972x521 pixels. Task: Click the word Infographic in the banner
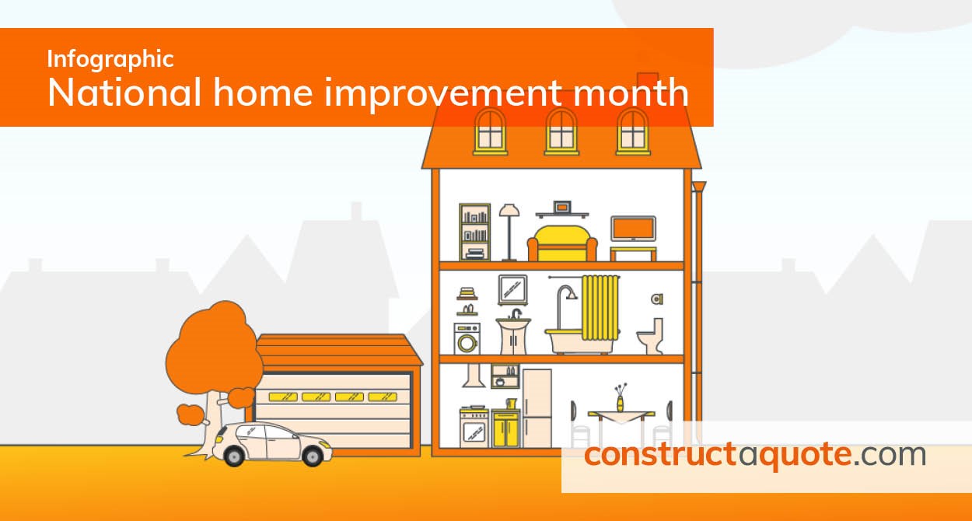pos(110,59)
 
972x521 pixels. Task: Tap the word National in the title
pos(124,93)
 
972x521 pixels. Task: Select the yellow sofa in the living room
pos(562,243)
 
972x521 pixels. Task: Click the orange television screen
pos(633,228)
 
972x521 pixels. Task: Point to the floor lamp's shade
pos(509,210)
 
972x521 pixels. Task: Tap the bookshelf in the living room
pos(474,232)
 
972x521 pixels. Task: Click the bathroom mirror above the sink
pos(513,289)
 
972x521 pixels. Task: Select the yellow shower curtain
pos(600,308)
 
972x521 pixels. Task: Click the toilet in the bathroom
pos(651,336)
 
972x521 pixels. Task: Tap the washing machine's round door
pos(467,344)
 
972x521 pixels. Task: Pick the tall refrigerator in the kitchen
pos(537,408)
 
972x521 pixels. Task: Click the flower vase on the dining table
pos(621,404)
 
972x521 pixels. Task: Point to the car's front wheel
pos(312,456)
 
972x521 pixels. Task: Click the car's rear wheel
pos(234,456)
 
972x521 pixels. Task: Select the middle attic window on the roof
pos(561,132)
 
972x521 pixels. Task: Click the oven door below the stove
pos(474,432)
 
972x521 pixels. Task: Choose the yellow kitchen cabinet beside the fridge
pos(505,428)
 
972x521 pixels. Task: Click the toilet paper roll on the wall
pos(657,299)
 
